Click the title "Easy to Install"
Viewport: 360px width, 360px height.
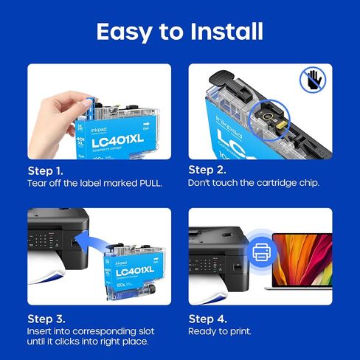(x=180, y=31)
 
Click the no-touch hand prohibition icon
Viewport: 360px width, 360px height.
(x=313, y=80)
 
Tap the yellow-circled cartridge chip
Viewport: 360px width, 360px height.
(x=263, y=114)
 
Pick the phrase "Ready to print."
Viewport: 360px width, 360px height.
(x=221, y=332)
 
